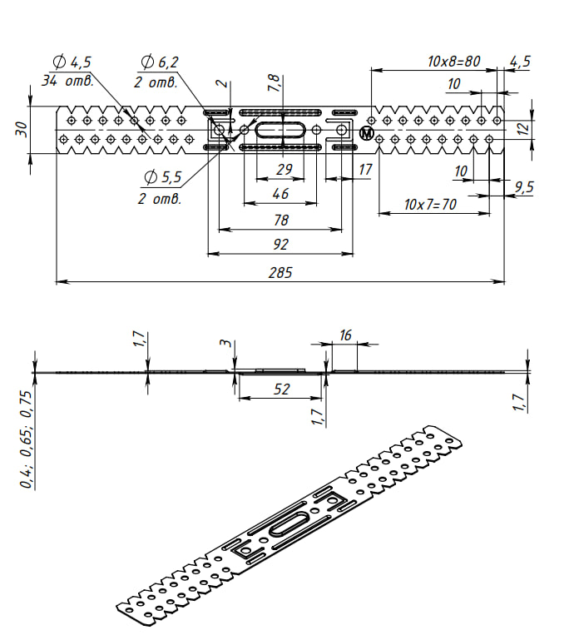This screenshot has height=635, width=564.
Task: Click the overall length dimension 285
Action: [280, 272]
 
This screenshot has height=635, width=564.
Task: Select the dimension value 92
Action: [280, 244]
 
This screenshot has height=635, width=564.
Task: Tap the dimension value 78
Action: [281, 220]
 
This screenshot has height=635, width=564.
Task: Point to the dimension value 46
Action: [280, 194]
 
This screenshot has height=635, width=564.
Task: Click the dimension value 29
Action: [284, 169]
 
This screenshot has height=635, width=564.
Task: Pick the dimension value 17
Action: [365, 169]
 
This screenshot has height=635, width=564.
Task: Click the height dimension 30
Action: [22, 129]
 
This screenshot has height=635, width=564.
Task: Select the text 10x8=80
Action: [454, 61]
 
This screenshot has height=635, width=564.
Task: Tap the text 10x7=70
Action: [430, 204]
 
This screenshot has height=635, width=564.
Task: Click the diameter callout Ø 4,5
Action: [72, 62]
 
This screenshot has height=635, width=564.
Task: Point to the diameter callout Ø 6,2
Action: [160, 62]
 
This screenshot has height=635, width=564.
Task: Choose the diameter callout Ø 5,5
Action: [163, 177]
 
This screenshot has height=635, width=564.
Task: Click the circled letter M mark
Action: [366, 133]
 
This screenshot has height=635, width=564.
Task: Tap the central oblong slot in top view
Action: [280, 131]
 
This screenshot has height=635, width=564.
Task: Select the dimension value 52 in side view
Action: [282, 389]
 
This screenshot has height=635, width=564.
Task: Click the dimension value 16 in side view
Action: [345, 335]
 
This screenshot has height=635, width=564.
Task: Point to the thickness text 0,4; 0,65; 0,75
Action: [26, 439]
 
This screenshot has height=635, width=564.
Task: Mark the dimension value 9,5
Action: [524, 187]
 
